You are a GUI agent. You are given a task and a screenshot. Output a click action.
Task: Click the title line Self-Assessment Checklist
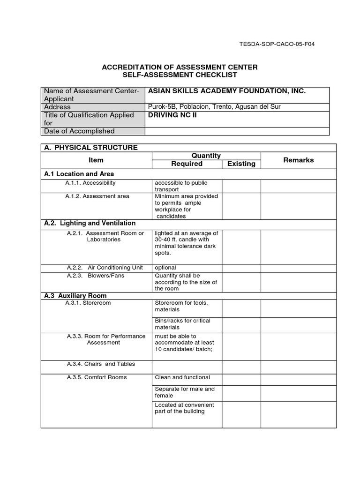click(180, 75)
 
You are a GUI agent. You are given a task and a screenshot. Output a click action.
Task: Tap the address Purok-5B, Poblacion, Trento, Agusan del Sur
click(214, 107)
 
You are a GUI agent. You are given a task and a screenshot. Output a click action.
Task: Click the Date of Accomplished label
click(79, 131)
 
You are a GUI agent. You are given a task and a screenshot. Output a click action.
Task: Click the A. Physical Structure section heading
click(91, 148)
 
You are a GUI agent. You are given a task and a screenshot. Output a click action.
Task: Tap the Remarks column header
click(298, 160)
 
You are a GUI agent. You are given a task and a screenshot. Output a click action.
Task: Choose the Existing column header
click(241, 164)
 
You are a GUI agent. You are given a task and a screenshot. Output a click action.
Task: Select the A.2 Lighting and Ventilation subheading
click(90, 223)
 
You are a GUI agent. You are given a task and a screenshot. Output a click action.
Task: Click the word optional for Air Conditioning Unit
click(165, 268)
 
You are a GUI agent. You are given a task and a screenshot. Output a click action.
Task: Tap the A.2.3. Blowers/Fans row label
click(96, 276)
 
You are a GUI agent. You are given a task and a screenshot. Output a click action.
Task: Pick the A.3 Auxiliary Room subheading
click(75, 296)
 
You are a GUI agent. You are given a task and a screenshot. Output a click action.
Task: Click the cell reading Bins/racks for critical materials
click(182, 324)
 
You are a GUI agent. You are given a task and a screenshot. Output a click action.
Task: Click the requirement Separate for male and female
click(185, 392)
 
